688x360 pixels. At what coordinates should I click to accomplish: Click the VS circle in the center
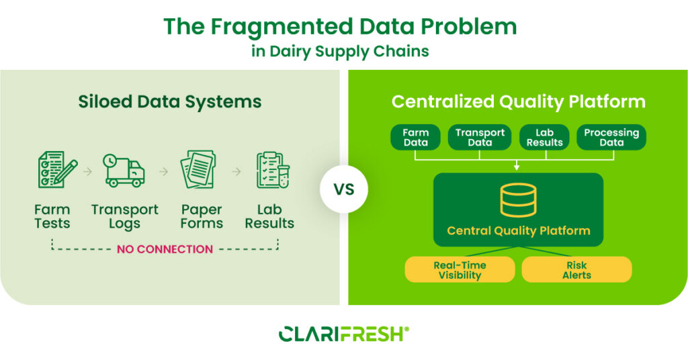[344, 189]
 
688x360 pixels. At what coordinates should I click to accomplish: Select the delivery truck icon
[124, 171]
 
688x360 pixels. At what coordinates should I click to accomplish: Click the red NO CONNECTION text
[165, 249]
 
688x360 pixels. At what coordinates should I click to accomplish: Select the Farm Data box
[416, 137]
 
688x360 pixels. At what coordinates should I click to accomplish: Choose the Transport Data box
[480, 137]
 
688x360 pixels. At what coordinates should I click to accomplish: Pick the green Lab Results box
[545, 137]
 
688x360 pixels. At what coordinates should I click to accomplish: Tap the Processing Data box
[611, 137]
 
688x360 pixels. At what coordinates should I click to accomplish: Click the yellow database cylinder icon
[518, 199]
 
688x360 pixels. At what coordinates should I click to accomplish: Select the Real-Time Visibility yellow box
[460, 269]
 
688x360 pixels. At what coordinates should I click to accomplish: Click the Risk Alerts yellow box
[576, 269]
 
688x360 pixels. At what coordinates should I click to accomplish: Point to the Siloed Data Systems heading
[169, 102]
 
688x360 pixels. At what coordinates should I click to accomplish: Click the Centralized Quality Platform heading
[518, 102]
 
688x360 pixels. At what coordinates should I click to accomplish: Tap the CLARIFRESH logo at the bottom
[343, 334]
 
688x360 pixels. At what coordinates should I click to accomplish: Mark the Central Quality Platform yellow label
[518, 230]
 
